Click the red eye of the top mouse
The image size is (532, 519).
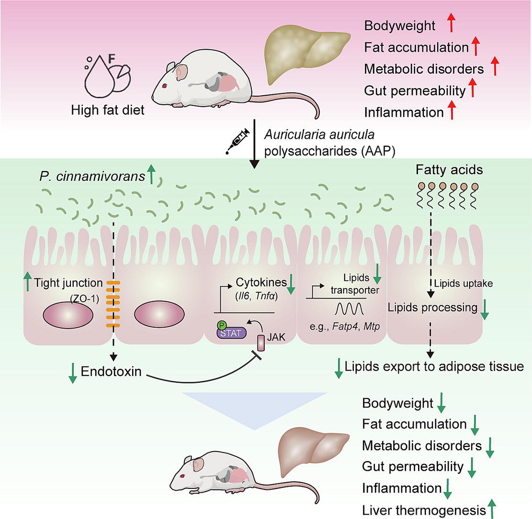(165, 86)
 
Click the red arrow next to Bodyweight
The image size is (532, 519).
(451, 24)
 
